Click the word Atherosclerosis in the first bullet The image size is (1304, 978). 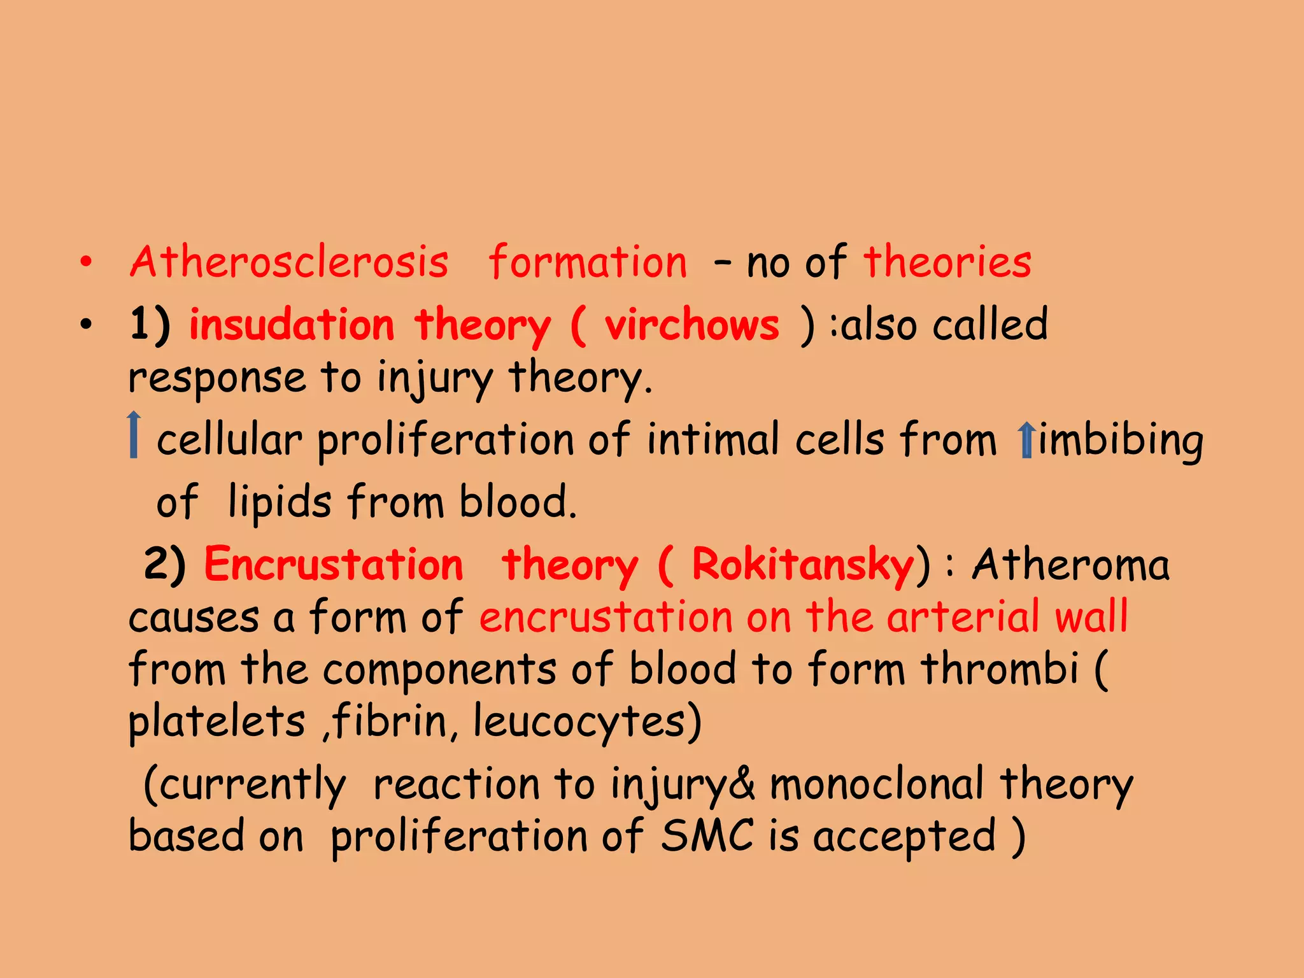[x=289, y=262]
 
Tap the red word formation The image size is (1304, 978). [x=588, y=262]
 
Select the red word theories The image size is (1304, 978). [x=947, y=262]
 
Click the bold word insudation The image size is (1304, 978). [x=292, y=325]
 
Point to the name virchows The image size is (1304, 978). [x=691, y=325]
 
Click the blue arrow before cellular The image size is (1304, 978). [x=134, y=435]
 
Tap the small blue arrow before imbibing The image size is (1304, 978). [x=1025, y=440]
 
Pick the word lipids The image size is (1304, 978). [x=280, y=502]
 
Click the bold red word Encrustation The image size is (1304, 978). [x=334, y=565]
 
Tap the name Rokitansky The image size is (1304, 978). [x=802, y=565]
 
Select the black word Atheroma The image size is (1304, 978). [x=1070, y=565]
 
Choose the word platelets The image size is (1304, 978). [x=216, y=722]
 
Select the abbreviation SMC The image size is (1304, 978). [x=707, y=835]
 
